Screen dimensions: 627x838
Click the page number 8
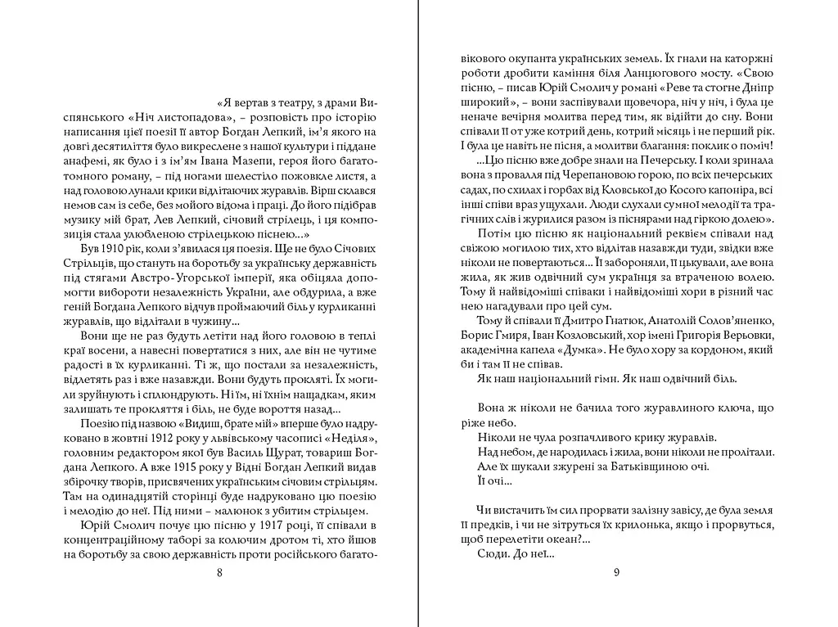tap(219, 572)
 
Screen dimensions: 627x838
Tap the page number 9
tap(616, 572)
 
